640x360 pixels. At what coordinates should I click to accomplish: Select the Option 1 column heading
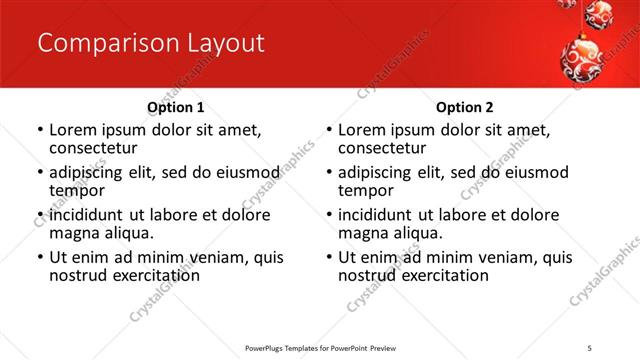(175, 107)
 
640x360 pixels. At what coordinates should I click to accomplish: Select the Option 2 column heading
(465, 107)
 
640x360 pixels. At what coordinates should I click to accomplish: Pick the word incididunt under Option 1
(88, 215)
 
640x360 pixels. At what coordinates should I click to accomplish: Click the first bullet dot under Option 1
(39, 131)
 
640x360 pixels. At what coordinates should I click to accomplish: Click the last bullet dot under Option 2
(329, 257)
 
